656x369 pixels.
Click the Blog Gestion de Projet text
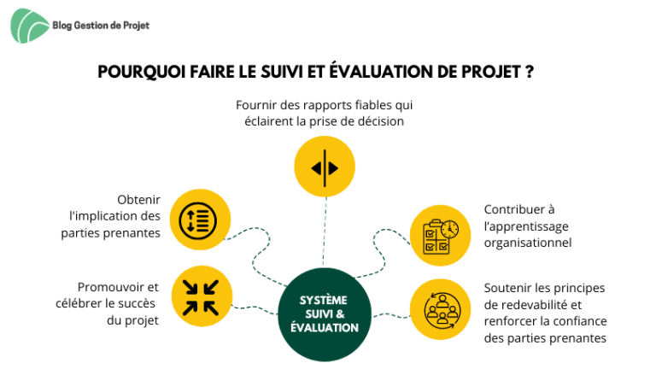click(101, 26)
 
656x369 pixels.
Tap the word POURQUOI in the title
click(142, 72)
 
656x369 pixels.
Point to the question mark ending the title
click(530, 72)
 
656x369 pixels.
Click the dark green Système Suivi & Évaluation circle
click(325, 314)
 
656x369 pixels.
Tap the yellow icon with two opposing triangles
click(325, 167)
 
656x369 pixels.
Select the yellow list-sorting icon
click(200, 220)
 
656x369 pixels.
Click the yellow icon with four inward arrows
click(202, 296)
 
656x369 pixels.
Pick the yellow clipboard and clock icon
click(440, 236)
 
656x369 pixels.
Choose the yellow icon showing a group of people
click(440, 309)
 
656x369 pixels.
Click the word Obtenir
click(138, 200)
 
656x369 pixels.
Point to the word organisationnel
click(528, 243)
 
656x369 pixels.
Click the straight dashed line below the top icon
click(325, 231)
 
